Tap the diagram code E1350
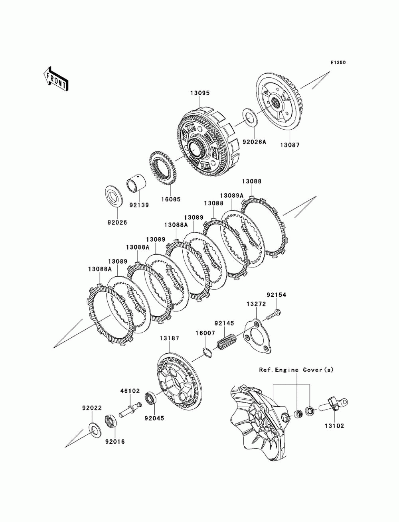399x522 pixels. pos(338,63)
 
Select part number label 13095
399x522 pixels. pos(200,93)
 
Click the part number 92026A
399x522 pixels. pos(254,142)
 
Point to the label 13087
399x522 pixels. pos(290,145)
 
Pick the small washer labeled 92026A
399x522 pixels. pos(249,117)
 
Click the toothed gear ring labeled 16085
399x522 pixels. pos(163,168)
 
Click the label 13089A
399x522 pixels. pos(232,195)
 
